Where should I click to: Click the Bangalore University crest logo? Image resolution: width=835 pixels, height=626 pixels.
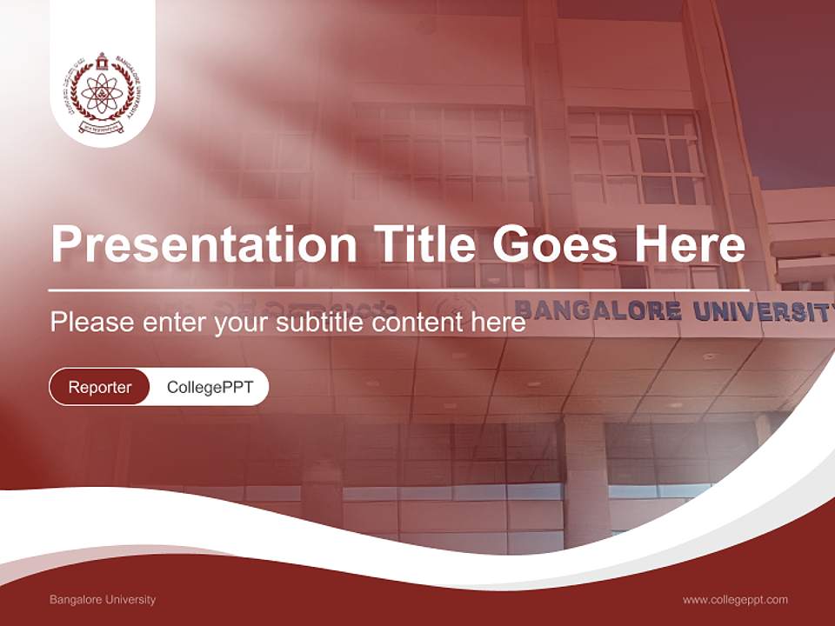click(x=102, y=93)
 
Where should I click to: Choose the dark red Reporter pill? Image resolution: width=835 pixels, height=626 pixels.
click(x=100, y=387)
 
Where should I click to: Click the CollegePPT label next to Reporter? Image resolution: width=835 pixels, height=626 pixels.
click(x=210, y=387)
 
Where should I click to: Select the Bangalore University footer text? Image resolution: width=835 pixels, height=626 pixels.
click(x=103, y=600)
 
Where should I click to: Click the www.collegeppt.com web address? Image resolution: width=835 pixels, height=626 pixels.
click(x=735, y=600)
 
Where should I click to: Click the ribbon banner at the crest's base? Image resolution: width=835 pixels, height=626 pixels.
click(x=103, y=126)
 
